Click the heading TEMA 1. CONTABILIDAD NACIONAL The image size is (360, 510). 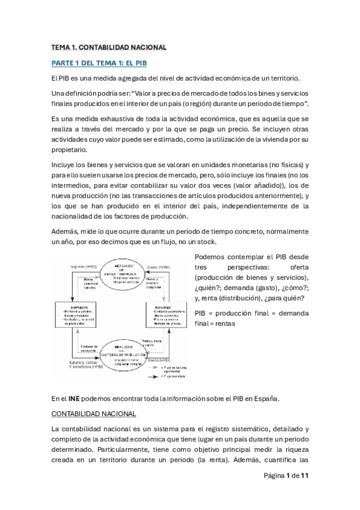tap(108, 47)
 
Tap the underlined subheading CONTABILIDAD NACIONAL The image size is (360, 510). tap(94, 414)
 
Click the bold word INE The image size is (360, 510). tap(74, 398)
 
